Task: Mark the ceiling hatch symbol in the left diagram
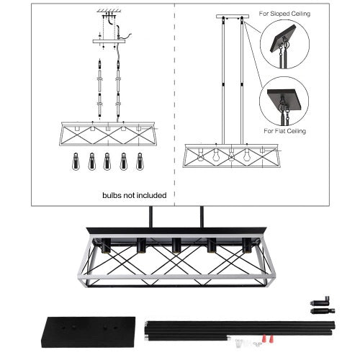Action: pos(108,10)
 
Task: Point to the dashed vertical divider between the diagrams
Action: pos(175,108)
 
